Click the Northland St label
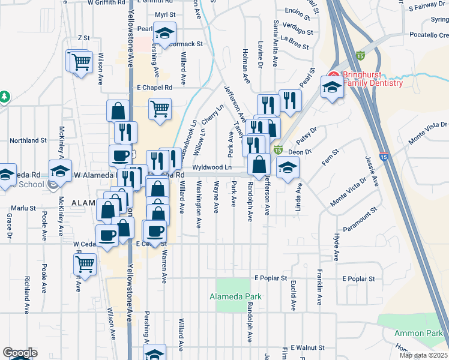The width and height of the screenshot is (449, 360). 28,140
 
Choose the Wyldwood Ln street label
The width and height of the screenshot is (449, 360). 212,167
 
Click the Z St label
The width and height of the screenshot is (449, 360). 83,38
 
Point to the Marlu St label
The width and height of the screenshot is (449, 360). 26,208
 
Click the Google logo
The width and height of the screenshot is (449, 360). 20,353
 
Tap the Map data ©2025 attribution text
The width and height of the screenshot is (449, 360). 424,355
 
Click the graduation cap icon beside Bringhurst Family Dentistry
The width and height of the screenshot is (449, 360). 331,88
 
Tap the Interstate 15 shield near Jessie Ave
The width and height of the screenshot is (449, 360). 384,157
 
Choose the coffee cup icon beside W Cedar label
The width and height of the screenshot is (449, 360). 107,235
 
